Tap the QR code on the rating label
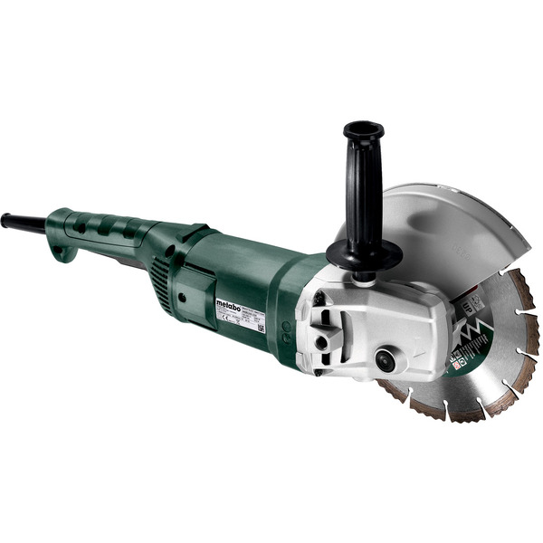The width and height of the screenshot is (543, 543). tap(261, 327)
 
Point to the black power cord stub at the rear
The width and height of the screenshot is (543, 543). tap(22, 223)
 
